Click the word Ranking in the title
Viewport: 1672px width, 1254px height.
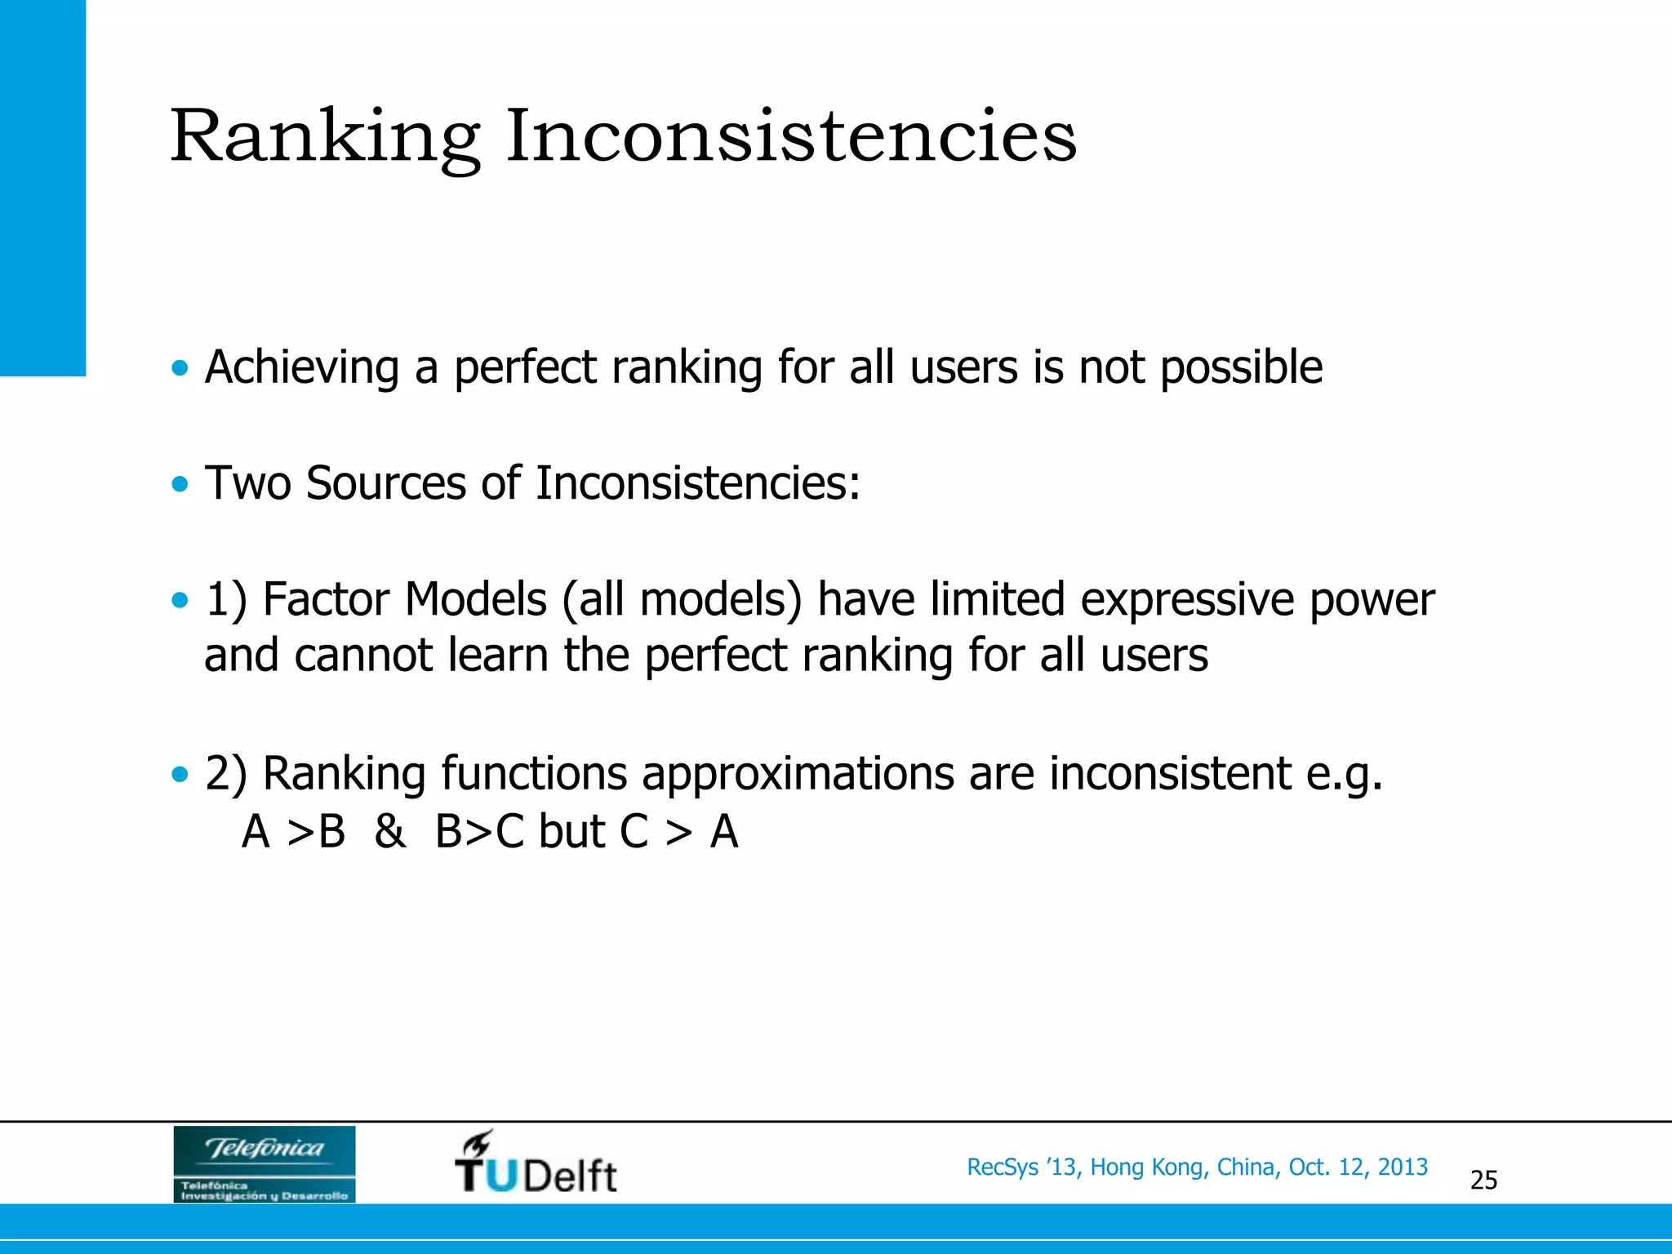pos(325,137)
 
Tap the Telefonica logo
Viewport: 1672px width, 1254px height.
pos(264,1163)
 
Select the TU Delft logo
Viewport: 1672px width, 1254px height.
pos(536,1163)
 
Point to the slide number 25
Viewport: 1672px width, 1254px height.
pos(1483,1180)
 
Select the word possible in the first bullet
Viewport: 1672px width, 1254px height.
pos(1241,367)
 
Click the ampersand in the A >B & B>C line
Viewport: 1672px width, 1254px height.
pos(389,832)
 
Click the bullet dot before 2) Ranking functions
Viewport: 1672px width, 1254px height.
pos(180,774)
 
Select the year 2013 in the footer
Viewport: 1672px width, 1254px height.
pos(1403,1167)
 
